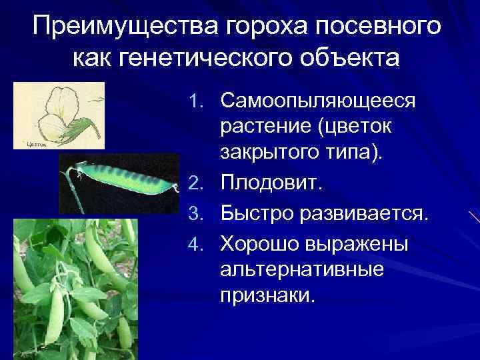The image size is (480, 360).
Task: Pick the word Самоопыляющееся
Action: pos(318,102)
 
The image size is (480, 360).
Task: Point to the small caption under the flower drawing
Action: pos(37,143)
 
